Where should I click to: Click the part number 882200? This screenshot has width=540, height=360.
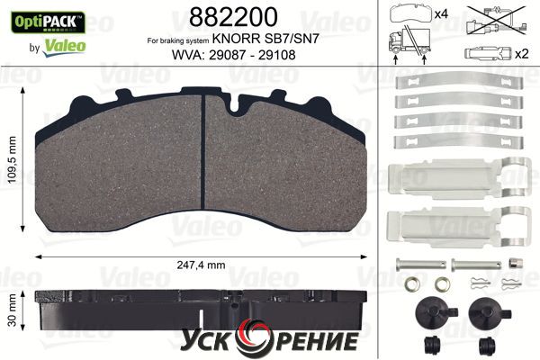pyautogui.click(x=233, y=17)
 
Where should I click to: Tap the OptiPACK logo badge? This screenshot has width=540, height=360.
pyautogui.click(x=48, y=22)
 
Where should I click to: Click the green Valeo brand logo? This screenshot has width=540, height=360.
pyautogui.click(x=65, y=47)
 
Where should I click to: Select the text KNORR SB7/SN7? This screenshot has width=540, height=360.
pyautogui.click(x=265, y=39)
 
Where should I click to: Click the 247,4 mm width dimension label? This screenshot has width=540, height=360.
pyautogui.click(x=201, y=265)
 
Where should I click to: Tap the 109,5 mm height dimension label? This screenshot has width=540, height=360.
pyautogui.click(x=12, y=159)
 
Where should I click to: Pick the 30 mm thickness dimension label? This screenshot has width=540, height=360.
pyautogui.click(x=12, y=310)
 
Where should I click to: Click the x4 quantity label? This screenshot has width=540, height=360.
pyautogui.click(x=441, y=14)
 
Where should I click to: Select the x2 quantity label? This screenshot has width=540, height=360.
pyautogui.click(x=521, y=54)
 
